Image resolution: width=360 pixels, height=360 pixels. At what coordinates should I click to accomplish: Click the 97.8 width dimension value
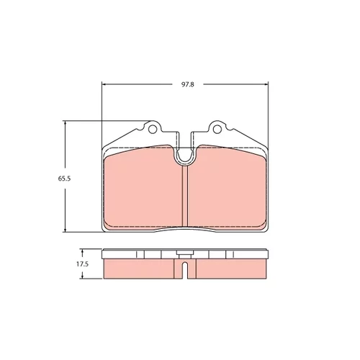(187, 84)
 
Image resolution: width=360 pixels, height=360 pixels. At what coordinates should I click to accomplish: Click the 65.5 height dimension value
(64, 179)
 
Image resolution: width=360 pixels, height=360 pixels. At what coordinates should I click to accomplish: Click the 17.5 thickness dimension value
(83, 264)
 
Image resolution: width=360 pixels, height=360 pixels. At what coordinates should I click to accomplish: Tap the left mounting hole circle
(152, 129)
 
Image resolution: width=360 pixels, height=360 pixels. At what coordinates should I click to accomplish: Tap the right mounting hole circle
(217, 129)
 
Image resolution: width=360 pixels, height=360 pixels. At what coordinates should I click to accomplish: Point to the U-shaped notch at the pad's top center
(184, 158)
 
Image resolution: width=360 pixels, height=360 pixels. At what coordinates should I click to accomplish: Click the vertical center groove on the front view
(185, 197)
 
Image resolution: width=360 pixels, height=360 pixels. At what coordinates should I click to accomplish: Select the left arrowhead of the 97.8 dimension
(104, 84)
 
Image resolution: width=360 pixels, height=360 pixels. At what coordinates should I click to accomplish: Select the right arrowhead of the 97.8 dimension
(266, 84)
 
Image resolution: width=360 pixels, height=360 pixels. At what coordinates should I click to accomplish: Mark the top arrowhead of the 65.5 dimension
(65, 123)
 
